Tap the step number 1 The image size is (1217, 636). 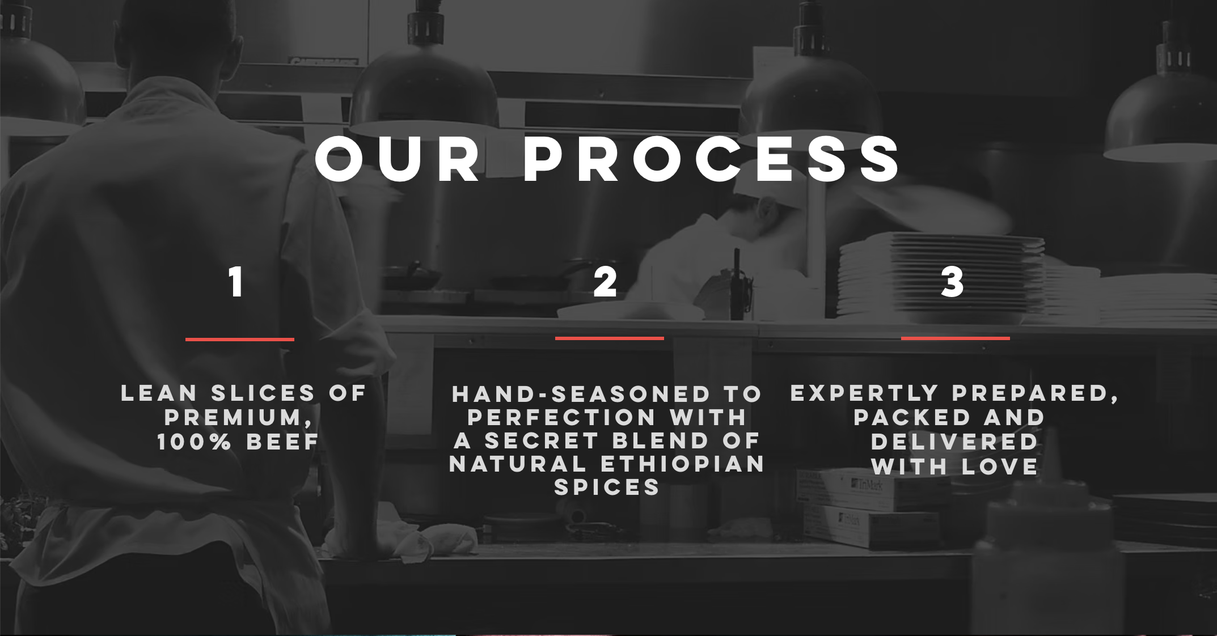236,282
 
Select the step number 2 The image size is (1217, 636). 605,282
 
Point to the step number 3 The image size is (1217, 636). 952,282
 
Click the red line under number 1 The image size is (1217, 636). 240,340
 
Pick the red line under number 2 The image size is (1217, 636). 610,338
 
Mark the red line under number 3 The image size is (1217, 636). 956,338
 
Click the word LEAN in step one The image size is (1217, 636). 159,393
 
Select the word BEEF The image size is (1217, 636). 282,442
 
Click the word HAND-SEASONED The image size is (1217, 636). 581,395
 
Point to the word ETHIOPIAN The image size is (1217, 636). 682,464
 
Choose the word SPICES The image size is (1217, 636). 607,487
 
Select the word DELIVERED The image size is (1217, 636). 954,442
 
